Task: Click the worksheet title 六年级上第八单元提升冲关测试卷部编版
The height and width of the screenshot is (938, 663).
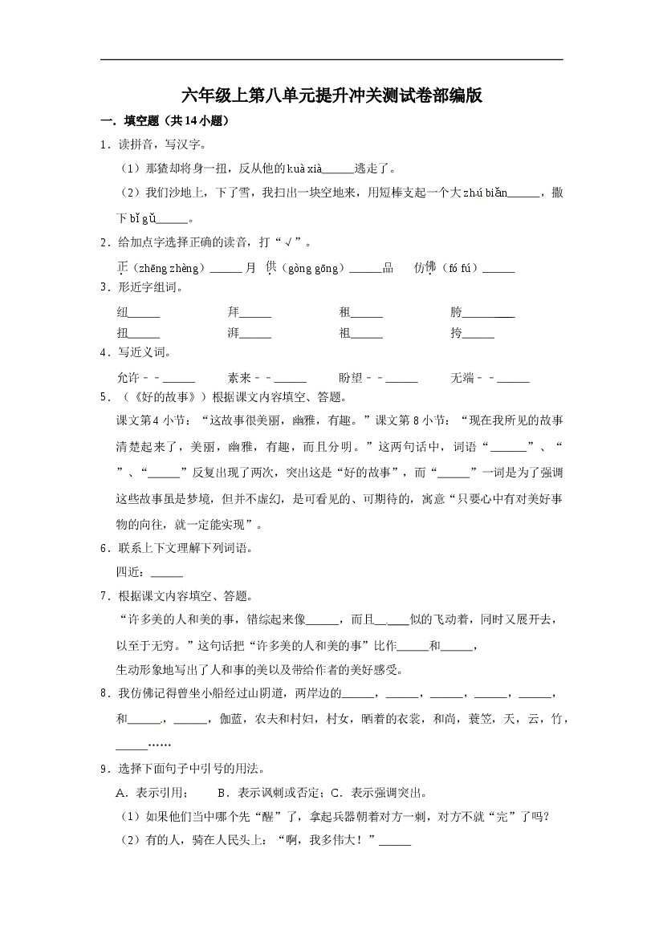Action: point(331,96)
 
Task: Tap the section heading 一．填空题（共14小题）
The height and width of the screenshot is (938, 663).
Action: point(165,122)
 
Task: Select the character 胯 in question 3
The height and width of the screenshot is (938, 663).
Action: point(456,313)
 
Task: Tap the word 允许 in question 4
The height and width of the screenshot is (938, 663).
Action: point(128,378)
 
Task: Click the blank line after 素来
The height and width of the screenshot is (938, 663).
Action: point(290,380)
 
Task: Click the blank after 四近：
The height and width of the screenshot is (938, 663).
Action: point(167,573)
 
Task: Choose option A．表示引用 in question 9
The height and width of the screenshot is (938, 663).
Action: point(153,794)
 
